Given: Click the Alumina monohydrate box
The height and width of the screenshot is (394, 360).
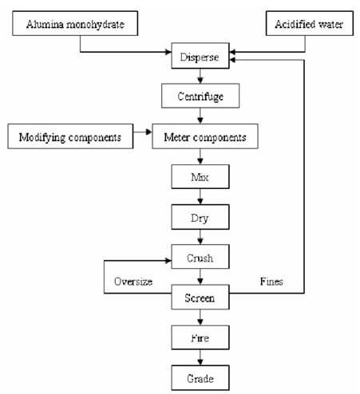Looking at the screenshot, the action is pos(75,23).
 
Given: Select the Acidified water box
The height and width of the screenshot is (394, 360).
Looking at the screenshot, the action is pos(310,23).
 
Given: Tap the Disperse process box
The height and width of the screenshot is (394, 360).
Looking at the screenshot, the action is pos(200,56).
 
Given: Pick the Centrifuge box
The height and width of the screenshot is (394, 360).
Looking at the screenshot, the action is pos(200,96).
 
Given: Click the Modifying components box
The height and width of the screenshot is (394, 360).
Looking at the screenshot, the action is pos(70,136).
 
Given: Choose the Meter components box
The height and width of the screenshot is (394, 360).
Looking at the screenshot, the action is pos(205,136).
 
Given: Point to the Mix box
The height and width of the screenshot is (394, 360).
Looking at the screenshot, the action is pos(200,176).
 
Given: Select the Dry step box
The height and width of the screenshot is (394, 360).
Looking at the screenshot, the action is pos(200,217).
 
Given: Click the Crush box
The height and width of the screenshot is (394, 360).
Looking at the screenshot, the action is pos(200,257).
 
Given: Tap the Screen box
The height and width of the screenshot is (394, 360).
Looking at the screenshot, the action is pos(200,297).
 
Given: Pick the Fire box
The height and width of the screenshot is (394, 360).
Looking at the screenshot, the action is pos(200,337).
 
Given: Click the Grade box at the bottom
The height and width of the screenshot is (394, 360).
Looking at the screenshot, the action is pos(200,377).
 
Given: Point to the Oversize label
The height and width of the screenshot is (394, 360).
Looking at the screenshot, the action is pos(133,282).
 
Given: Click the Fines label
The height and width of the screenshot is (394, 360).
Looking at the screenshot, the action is pos(271,282).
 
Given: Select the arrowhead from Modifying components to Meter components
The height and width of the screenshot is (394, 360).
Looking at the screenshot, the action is pos(148,132).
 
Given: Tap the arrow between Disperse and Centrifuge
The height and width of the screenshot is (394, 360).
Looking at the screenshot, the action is pos(200,76).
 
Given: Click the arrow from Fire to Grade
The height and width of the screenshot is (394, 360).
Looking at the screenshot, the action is pos(200,357).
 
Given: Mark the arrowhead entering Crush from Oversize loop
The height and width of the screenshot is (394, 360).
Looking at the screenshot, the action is pos(168,261).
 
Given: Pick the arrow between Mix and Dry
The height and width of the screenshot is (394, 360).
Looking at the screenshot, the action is pos(200,196).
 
